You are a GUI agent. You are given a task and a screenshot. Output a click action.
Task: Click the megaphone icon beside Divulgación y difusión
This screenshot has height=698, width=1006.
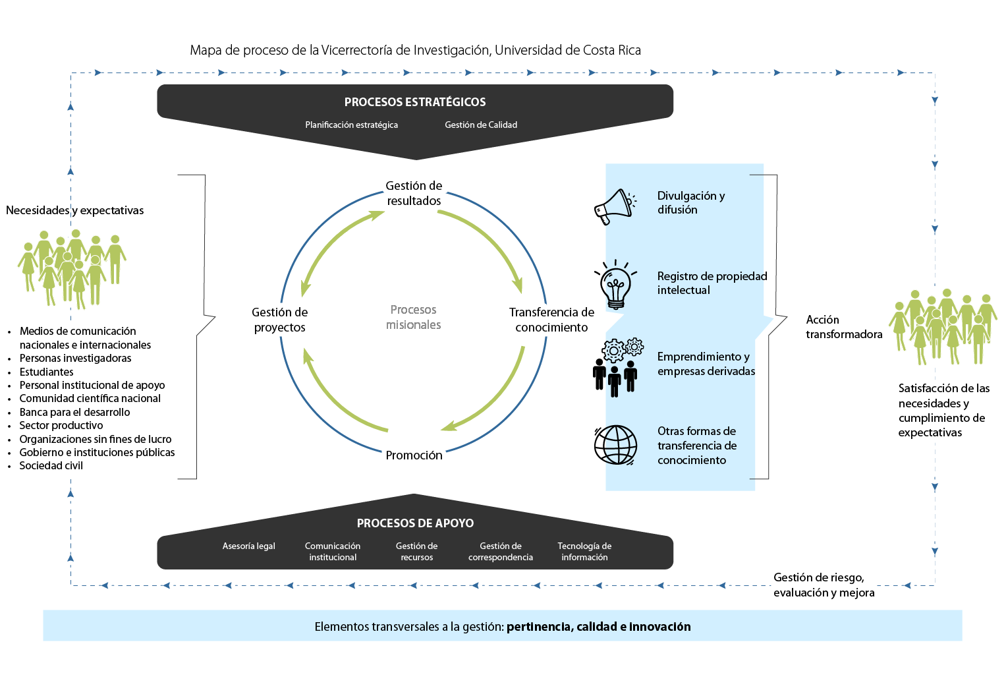coord(614,206)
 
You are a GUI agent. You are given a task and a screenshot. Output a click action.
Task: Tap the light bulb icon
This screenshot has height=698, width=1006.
coord(615,285)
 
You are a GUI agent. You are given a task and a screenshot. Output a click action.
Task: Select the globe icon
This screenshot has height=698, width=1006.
coord(615,445)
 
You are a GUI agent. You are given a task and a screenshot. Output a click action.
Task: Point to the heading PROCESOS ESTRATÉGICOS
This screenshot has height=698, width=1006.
coord(415,102)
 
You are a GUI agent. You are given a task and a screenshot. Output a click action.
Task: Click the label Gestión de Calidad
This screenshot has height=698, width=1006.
coord(481,125)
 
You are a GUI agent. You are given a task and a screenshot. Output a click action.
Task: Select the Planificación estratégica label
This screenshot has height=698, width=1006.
coord(351,125)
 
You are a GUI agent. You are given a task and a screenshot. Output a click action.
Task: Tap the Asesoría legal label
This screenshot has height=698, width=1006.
coord(248,546)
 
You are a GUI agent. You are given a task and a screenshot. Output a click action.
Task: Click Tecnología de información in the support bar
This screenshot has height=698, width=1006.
coord(584,552)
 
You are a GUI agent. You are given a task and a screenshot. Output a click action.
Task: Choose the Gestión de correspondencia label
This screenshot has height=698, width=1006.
coord(501,552)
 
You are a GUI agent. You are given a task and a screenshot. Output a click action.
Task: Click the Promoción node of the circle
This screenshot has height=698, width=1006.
coord(414,455)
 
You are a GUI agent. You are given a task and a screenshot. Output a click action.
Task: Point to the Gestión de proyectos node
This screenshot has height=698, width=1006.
coord(279,320)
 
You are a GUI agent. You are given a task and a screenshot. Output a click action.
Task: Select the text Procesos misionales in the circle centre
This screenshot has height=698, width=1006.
coord(413,317)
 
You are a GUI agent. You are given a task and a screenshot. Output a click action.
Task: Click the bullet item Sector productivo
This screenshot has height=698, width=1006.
coord(61,426)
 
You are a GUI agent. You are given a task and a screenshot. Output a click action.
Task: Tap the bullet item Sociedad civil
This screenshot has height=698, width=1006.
coord(51,466)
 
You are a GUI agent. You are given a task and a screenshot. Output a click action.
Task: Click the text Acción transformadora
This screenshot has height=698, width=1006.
coord(843,327)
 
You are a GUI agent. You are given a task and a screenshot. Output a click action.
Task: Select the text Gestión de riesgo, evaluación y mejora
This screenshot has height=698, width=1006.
coord(824,585)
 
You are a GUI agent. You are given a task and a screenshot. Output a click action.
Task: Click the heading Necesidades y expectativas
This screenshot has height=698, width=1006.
coord(74,210)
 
